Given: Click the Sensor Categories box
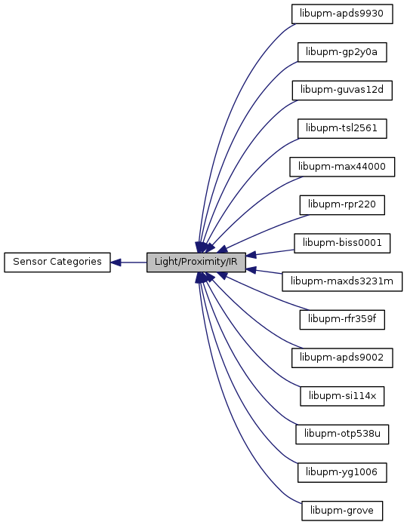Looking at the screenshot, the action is pos(57,262).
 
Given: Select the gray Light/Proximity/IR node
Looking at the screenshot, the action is pos(196,262).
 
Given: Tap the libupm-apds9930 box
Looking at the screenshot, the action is pos(342,14).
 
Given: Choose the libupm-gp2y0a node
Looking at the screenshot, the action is pos(342,52).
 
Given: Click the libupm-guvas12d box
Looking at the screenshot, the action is pos(342,91).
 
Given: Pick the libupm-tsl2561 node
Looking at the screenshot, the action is pos(342,128).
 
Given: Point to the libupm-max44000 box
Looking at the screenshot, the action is pos(342,167).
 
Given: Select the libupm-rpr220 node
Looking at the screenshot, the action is pos(342,205).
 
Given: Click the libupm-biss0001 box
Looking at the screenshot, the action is pos(342,243).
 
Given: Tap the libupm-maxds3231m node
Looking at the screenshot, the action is pos(342,281).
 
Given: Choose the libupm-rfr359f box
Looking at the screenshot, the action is pos(342,320).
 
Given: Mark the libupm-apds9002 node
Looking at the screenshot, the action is pos(342,358).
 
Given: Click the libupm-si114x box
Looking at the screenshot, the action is pos(342,396).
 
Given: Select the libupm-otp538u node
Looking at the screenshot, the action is pos(342,434).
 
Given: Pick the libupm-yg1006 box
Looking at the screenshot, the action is pos(342,473).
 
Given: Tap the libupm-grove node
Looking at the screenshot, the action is pos(342,511).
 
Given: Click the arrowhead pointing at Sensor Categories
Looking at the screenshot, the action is pos(116,262).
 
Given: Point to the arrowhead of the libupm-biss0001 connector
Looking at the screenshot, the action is pos(251,255).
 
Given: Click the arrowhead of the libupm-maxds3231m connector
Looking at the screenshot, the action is pos(251,270).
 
